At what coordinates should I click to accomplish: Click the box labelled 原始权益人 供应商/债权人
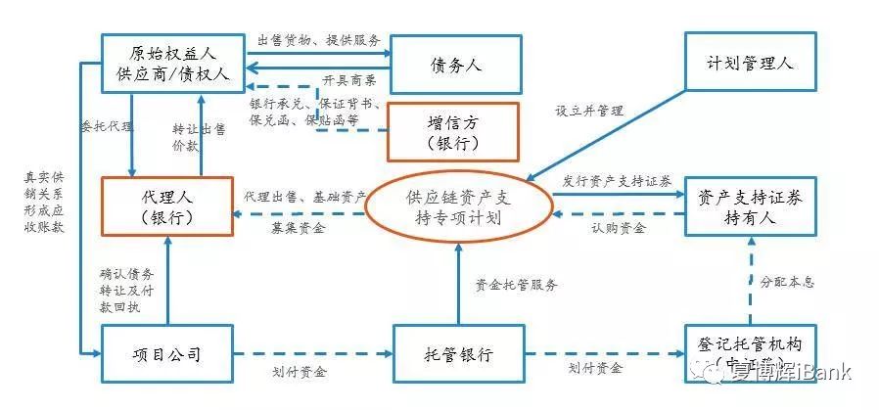pos(172,65)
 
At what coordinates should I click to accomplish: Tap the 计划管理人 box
pos(751,63)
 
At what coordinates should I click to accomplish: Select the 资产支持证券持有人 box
pos(750,206)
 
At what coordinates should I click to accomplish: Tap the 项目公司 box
pos(166,354)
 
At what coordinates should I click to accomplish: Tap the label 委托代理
pos(102,127)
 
